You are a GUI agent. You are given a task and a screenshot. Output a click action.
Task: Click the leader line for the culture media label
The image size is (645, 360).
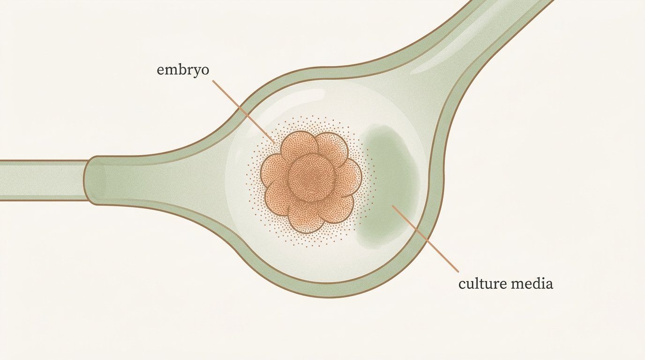coord(425,238)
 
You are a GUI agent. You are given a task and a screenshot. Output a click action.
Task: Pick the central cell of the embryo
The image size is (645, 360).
coord(312,177)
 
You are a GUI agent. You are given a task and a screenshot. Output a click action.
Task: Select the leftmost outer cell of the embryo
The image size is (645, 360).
coord(274,170)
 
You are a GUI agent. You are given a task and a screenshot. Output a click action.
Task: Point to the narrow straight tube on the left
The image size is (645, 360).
coord(43,180)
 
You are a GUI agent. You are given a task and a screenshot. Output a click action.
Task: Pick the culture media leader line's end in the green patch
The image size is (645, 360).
coord(392,205)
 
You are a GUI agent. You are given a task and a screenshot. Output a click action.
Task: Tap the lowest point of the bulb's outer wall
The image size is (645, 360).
coord(331,297)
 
